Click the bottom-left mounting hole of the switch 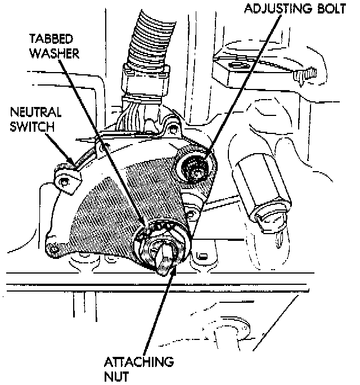pos(55,248)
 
